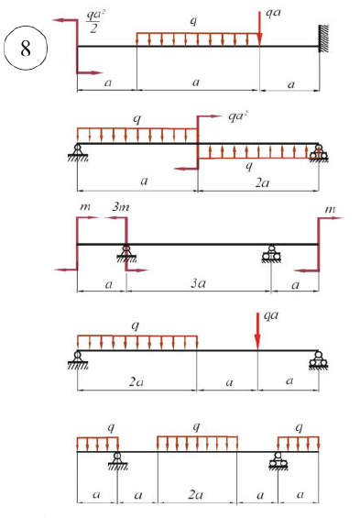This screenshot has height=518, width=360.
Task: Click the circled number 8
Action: coord(26,49)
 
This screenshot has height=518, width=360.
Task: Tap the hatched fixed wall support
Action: coord(323,39)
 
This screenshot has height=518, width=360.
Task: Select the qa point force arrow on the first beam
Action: coord(259,28)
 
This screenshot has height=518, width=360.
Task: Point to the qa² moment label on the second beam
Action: coord(237,116)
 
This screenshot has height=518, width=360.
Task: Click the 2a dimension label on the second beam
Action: coord(262,182)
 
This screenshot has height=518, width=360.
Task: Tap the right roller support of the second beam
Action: coord(319,153)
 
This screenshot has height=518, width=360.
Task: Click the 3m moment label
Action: coord(121,207)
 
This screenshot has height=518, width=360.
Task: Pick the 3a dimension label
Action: coord(198,283)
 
